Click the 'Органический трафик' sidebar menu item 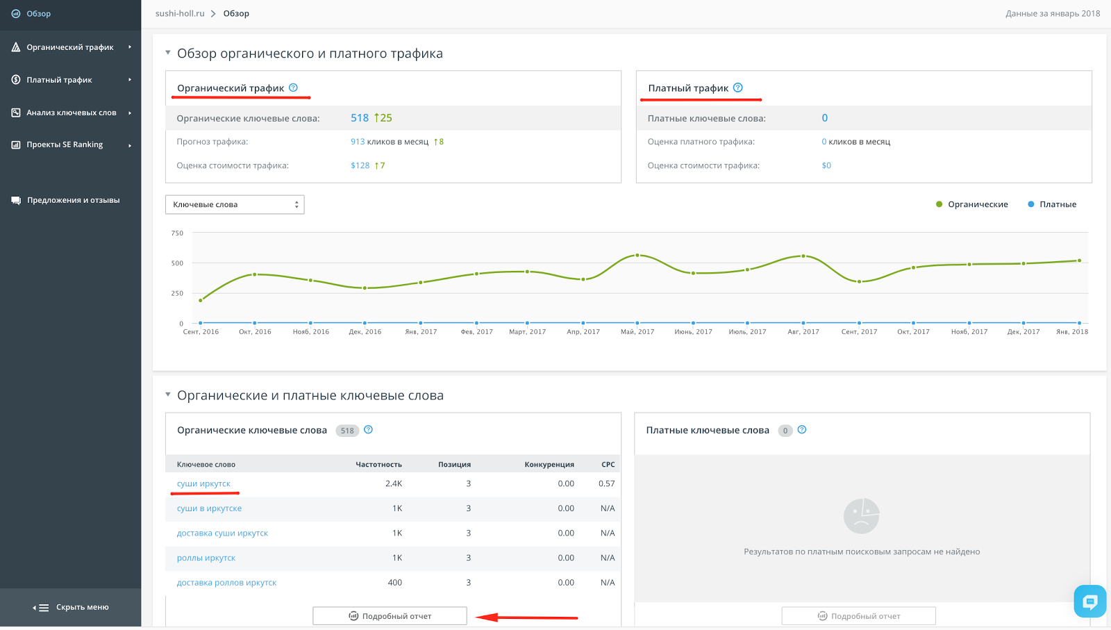point(70,47)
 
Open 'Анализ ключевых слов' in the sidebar point(72,113)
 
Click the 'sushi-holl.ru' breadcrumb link point(180,13)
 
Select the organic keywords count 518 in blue point(360,118)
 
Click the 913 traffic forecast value point(358,142)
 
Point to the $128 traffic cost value point(360,165)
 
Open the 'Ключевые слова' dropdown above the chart point(235,204)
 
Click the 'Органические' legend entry point(971,204)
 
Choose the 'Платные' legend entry point(1052,204)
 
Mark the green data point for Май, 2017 point(637,256)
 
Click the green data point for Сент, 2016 point(201,300)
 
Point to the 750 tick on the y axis point(177,233)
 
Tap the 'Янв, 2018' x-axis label point(1072,331)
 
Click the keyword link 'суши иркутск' point(203,483)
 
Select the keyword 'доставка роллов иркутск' point(226,582)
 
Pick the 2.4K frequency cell point(393,483)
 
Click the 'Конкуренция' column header point(549,464)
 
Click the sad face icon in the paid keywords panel point(862,516)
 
